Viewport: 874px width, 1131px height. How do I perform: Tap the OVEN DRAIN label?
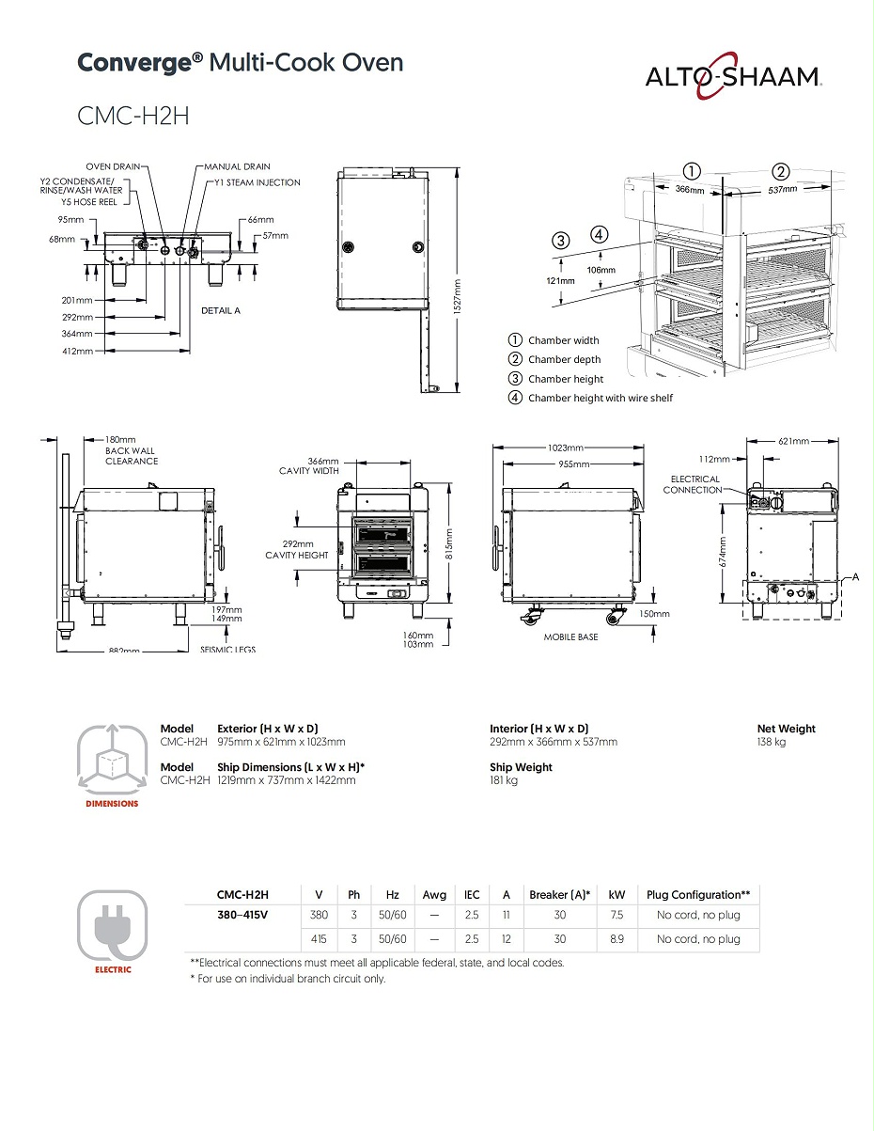pyautogui.click(x=113, y=166)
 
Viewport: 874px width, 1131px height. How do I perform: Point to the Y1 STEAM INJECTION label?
pyautogui.click(x=258, y=182)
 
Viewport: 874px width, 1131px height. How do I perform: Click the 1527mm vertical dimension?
pyautogui.click(x=458, y=285)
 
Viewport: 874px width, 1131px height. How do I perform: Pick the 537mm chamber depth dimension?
pyautogui.click(x=782, y=189)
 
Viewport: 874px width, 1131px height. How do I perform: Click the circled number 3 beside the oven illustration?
pyautogui.click(x=561, y=240)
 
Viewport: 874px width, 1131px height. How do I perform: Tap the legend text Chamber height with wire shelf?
pyautogui.click(x=600, y=398)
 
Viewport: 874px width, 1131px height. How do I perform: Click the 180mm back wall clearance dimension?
pyautogui.click(x=120, y=439)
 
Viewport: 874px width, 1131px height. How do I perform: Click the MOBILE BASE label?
pyautogui.click(x=570, y=636)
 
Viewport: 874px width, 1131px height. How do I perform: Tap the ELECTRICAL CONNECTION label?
pyautogui.click(x=695, y=484)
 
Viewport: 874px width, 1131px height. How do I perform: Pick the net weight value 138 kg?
pyautogui.click(x=772, y=742)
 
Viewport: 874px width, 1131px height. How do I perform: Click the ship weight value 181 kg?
pyautogui.click(x=504, y=780)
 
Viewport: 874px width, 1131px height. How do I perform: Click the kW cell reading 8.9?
pyautogui.click(x=616, y=939)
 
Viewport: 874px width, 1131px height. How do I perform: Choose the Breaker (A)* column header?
pyautogui.click(x=559, y=895)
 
